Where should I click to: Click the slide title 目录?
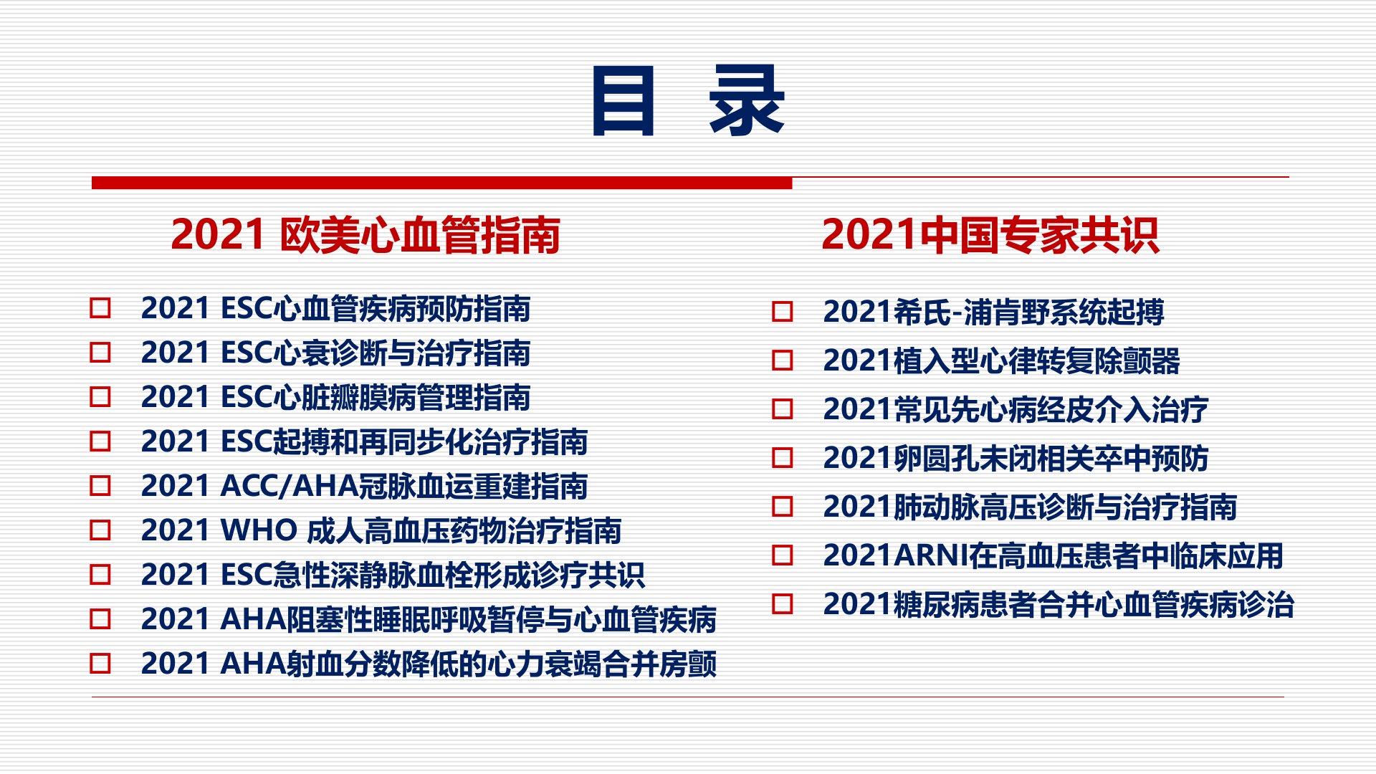[x=688, y=100]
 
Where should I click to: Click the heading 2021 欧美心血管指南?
[x=365, y=235]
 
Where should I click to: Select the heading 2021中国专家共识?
[x=990, y=235]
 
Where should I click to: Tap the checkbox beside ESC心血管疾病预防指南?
[x=100, y=308]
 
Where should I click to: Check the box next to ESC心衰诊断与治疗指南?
[x=100, y=353]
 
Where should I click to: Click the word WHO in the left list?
[x=259, y=531]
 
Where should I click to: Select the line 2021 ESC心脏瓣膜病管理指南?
[x=335, y=397]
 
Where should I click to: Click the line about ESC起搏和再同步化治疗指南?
[x=364, y=441]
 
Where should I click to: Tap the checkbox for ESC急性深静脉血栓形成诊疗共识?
[x=100, y=575]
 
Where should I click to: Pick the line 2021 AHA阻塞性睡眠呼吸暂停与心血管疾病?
[x=429, y=619]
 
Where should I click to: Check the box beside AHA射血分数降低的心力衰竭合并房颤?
[x=100, y=664]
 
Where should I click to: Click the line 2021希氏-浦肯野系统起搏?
[x=993, y=312]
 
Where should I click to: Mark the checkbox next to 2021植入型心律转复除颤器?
[x=783, y=360]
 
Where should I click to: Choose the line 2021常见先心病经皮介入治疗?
[x=1016, y=410]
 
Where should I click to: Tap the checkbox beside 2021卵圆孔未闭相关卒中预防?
[x=783, y=458]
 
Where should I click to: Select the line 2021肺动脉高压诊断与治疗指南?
[x=1030, y=507]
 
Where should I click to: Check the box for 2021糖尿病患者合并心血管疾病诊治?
[x=783, y=604]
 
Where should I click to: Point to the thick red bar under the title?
[x=441, y=183]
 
